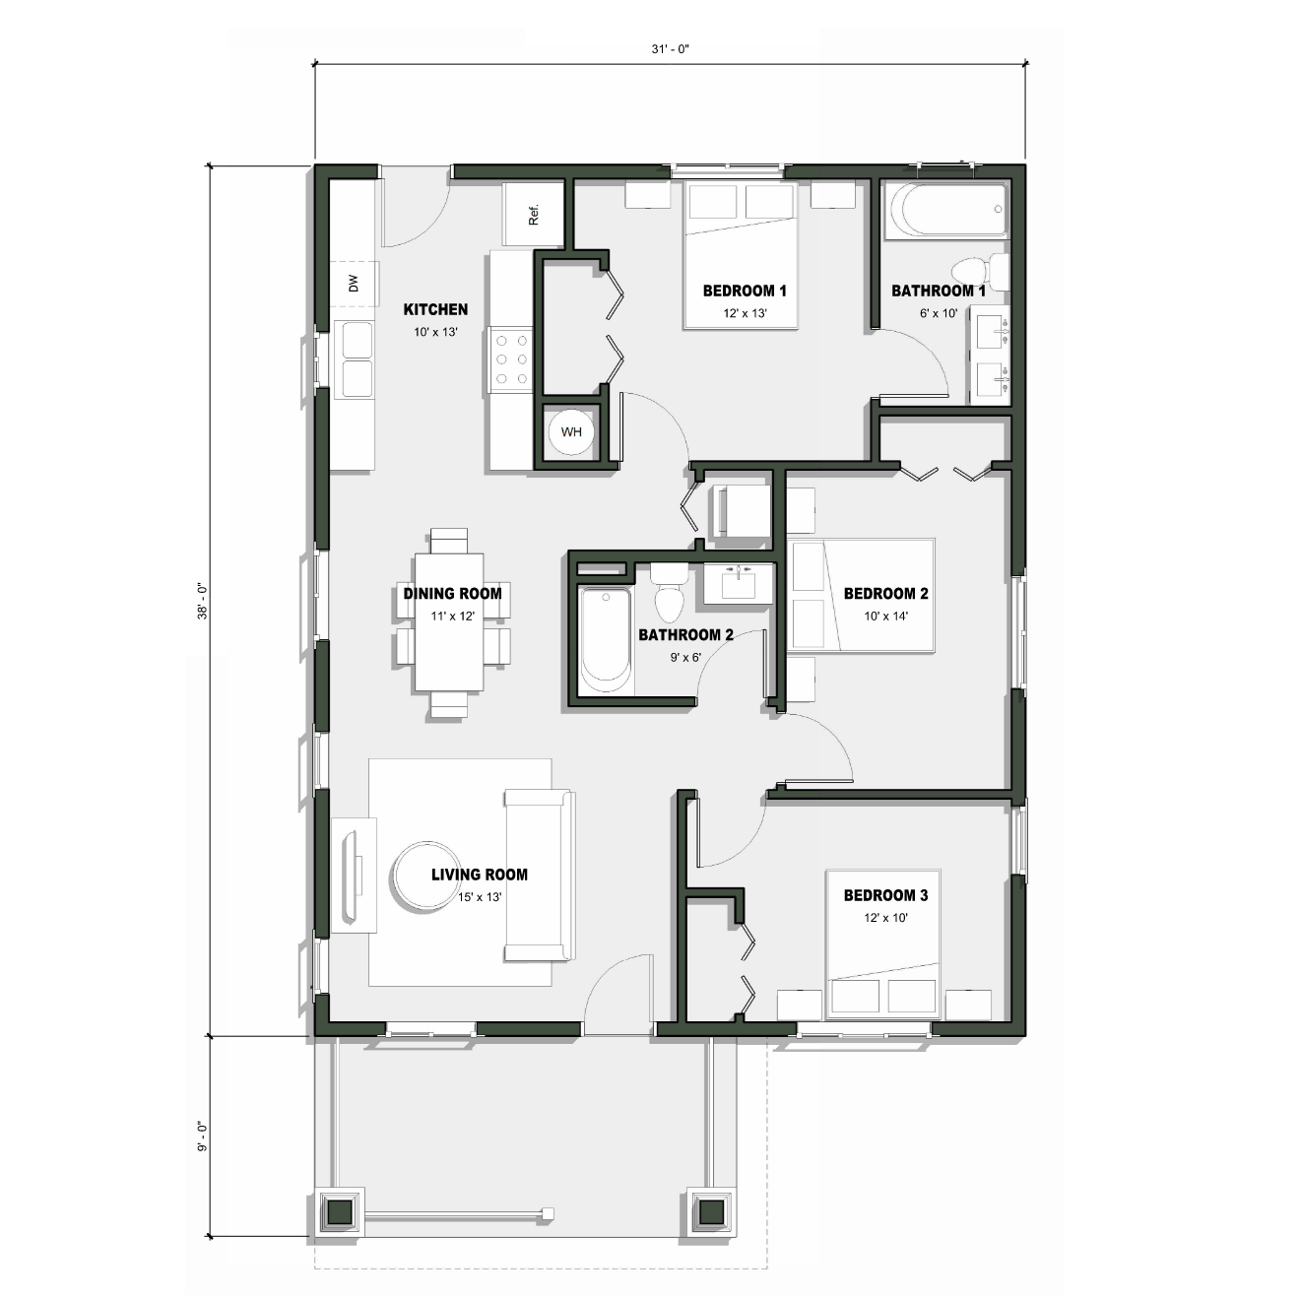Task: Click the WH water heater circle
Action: [x=571, y=432]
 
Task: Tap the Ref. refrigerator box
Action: [x=534, y=215]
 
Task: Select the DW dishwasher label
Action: [x=354, y=284]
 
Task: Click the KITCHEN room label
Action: [x=435, y=309]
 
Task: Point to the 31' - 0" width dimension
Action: [x=669, y=49]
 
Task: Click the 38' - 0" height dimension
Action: [x=202, y=601]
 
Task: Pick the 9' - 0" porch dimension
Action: [x=202, y=1136]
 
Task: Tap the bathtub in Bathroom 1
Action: [x=945, y=210]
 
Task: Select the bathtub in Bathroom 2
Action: [x=604, y=638]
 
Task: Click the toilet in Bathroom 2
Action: [x=670, y=593]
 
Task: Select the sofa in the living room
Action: [x=539, y=875]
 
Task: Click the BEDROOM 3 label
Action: [x=885, y=895]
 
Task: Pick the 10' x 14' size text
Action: [x=885, y=616]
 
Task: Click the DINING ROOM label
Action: [x=452, y=593]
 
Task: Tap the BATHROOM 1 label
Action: [x=938, y=291]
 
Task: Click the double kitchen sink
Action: [x=356, y=358]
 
